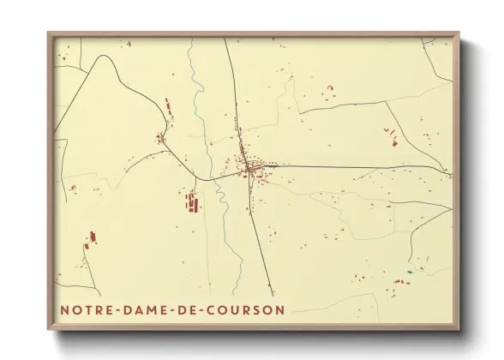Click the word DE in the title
click(x=185, y=309)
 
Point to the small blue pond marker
click(x=410, y=273)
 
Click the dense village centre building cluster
click(x=251, y=166)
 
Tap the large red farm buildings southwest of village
click(x=193, y=204)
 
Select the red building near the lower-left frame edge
click(x=88, y=237)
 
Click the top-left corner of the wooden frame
click(x=49, y=34)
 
